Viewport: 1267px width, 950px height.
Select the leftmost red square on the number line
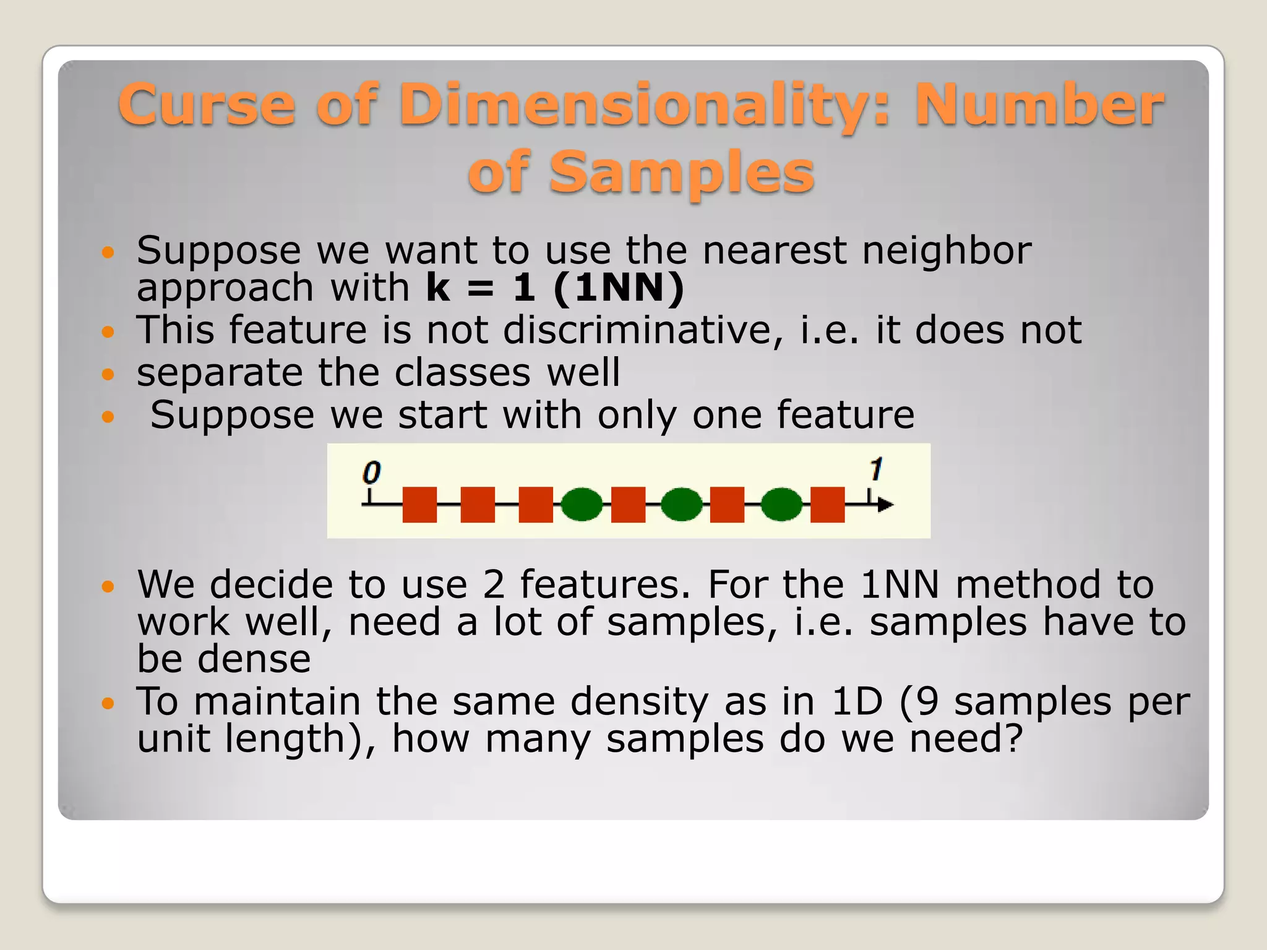(419, 505)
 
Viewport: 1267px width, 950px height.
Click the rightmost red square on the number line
(827, 505)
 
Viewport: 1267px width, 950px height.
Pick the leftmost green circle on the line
(582, 505)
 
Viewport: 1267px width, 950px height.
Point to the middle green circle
(681, 505)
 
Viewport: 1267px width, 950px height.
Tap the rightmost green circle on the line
(781, 505)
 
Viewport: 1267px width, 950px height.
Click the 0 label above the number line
(371, 473)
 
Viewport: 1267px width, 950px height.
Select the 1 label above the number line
(875, 469)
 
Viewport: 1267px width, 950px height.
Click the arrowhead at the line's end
(885, 505)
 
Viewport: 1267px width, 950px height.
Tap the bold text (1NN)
(619, 288)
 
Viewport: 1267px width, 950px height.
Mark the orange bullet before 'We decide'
(108, 586)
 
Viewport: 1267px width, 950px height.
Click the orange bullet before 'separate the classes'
(108, 374)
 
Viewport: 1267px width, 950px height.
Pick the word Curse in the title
(207, 105)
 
